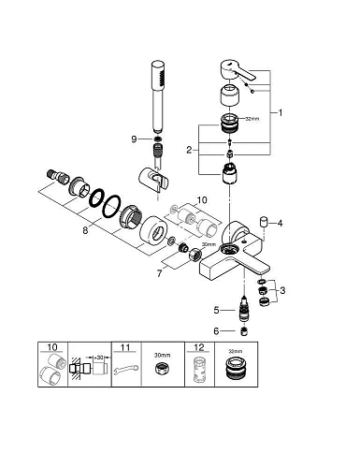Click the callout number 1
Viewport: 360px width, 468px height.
[281, 112]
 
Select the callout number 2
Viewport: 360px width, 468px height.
[189, 150]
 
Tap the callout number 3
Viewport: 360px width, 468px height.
[282, 290]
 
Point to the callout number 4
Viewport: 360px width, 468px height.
[280, 224]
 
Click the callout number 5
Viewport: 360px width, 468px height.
[217, 311]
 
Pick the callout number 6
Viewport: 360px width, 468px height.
[217, 331]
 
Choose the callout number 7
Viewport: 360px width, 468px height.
[159, 273]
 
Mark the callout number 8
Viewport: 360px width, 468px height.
[85, 230]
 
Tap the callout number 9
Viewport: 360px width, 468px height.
[134, 139]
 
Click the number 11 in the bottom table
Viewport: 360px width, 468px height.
[125, 347]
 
